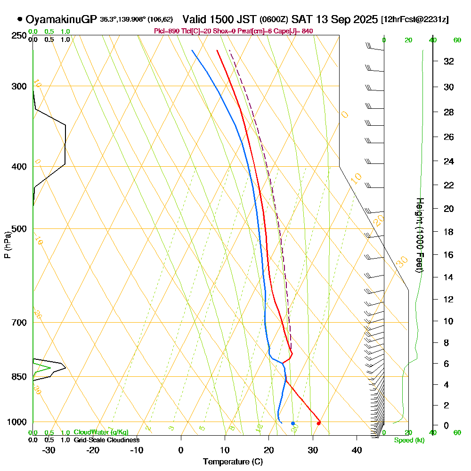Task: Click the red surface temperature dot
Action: [319, 423]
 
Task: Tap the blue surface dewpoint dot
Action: [292, 423]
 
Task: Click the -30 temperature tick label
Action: [49, 450]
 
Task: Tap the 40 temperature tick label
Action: [357, 450]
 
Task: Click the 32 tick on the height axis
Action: [449, 61]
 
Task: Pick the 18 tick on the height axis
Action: [449, 232]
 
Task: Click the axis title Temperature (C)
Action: [233, 462]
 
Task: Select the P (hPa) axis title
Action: [7, 245]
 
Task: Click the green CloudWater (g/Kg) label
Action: [101, 432]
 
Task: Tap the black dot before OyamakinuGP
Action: [20, 19]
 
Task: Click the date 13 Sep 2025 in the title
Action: [346, 19]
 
